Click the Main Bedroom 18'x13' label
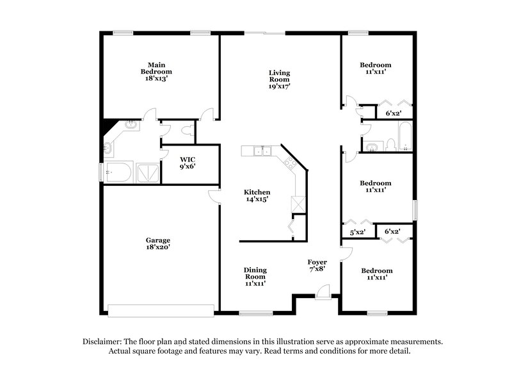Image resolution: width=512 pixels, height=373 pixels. click(153, 71)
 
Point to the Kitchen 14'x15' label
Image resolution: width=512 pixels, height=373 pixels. click(257, 195)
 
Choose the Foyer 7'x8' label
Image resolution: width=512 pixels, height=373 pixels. click(317, 266)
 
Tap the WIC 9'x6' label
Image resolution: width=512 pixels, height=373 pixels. click(187, 162)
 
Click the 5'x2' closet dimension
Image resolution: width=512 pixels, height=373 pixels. click(357, 233)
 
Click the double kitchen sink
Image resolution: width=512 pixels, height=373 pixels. click(262, 152)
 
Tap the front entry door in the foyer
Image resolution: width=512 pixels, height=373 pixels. click(324, 293)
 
